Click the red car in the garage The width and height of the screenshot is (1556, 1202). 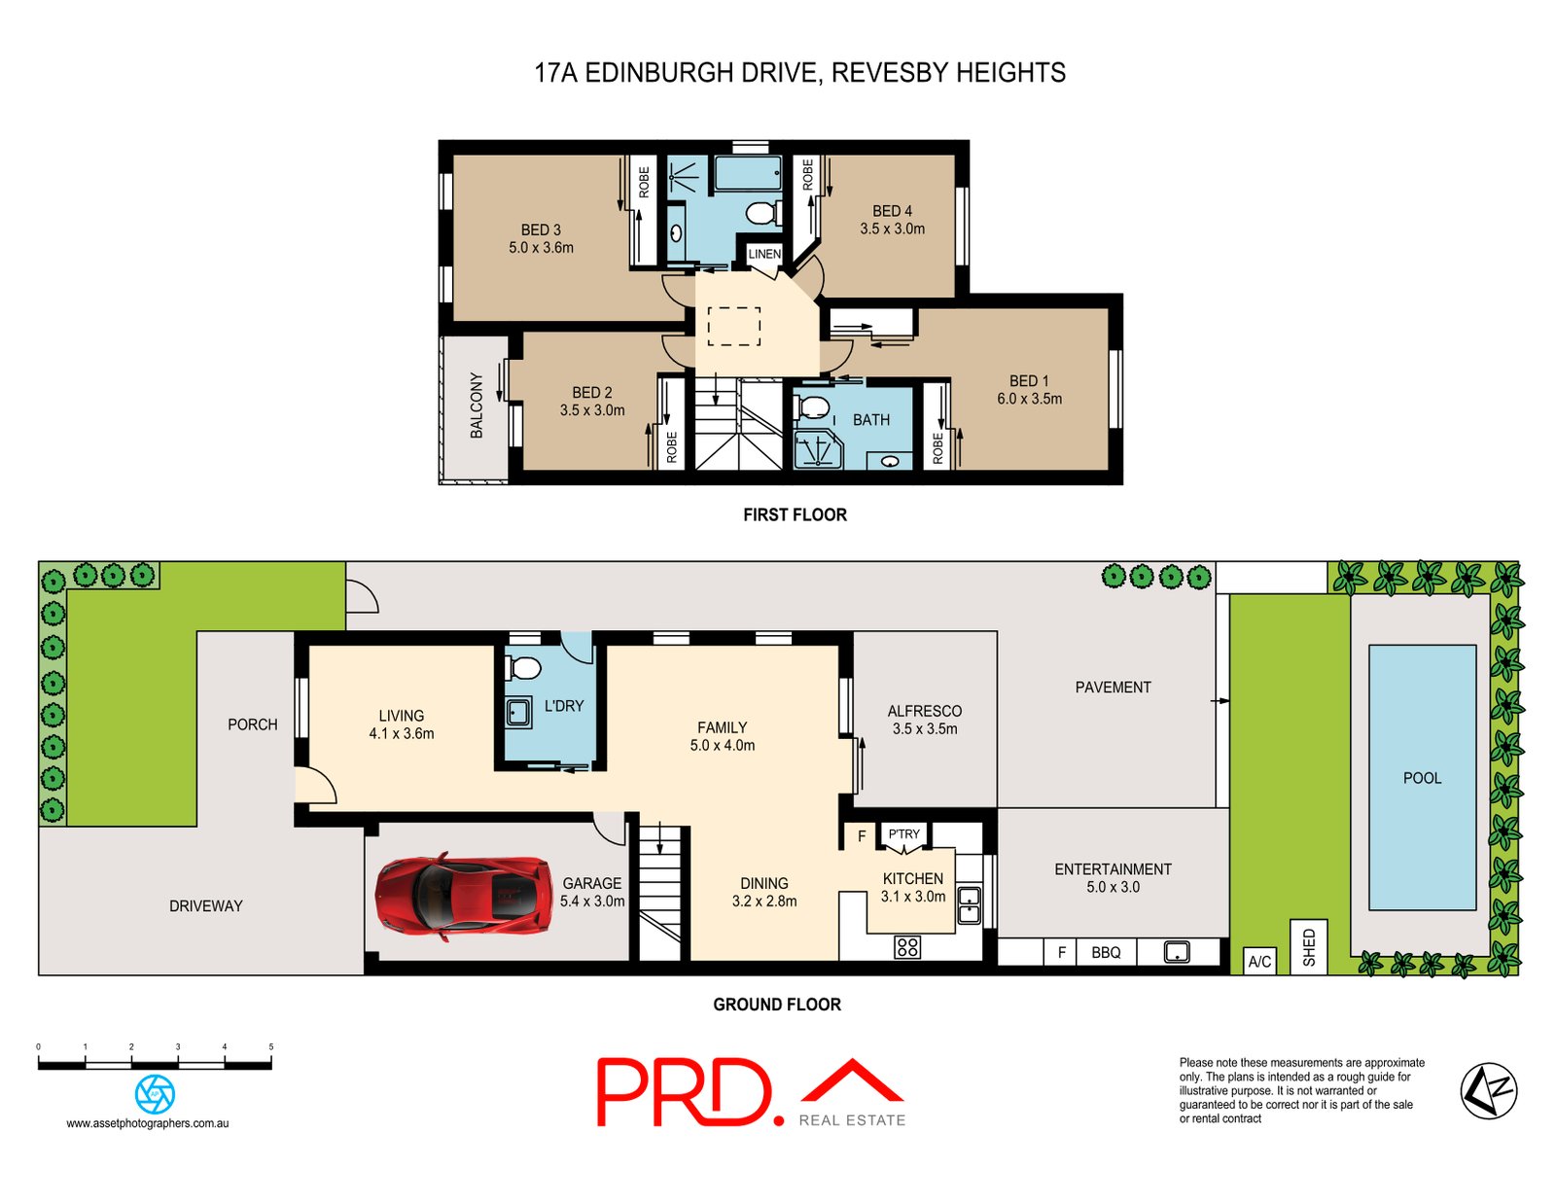(463, 896)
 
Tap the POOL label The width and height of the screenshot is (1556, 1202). (1422, 778)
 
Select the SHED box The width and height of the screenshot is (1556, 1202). (1308, 946)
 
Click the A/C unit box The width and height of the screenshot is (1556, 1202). (1259, 962)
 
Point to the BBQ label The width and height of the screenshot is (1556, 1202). (1106, 953)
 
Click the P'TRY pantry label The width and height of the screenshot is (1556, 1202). (903, 834)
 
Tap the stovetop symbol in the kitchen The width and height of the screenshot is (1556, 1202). (907, 946)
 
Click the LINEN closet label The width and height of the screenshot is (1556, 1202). (764, 254)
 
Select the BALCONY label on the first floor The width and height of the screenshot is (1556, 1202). (476, 406)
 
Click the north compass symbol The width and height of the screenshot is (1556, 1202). (1488, 1090)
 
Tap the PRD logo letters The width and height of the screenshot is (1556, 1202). (686, 1092)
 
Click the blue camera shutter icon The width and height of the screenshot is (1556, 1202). (155, 1094)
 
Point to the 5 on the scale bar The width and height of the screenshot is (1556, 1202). (270, 1047)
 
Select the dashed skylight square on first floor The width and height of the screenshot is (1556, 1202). (733, 326)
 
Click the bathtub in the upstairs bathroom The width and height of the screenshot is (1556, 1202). (748, 174)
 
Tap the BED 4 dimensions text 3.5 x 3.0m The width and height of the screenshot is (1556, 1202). (892, 230)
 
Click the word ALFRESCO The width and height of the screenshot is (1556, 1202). (924, 711)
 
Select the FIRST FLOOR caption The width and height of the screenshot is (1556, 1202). (795, 514)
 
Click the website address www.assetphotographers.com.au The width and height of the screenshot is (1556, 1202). (148, 1123)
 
